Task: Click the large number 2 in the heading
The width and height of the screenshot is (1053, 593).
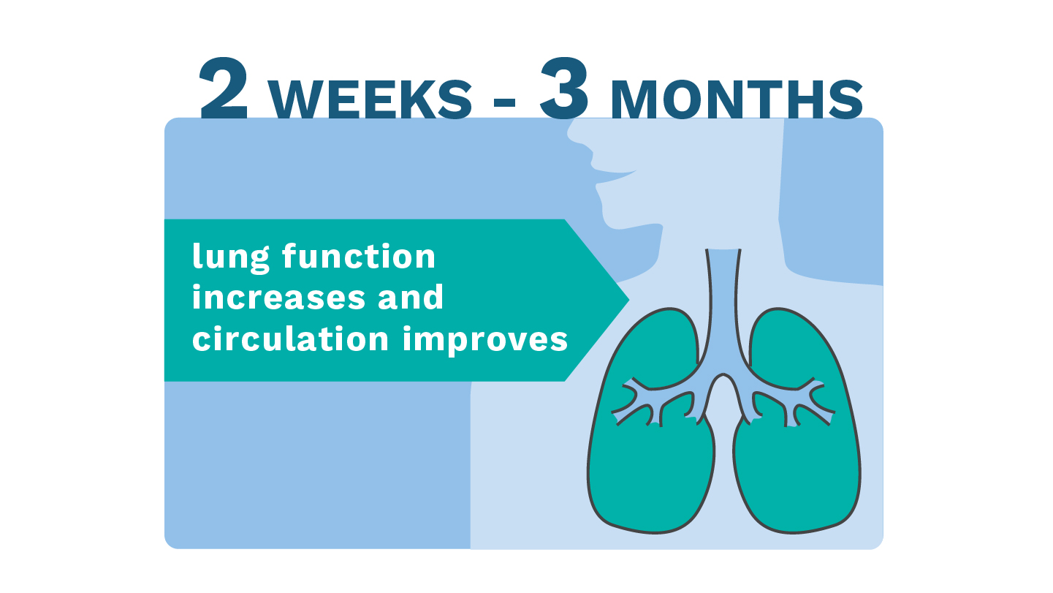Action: (x=224, y=88)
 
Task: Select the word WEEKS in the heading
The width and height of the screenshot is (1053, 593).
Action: (x=370, y=99)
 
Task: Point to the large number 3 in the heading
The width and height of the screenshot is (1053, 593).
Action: (x=564, y=88)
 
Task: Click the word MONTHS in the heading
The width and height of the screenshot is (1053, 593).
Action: (x=737, y=99)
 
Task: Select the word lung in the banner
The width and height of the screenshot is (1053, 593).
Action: (x=231, y=257)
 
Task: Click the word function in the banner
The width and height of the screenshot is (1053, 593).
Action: (x=359, y=257)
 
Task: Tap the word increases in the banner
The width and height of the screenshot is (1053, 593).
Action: (x=278, y=298)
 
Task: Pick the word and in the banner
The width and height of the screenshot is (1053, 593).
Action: (x=411, y=297)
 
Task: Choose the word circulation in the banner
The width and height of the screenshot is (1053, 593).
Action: (x=291, y=339)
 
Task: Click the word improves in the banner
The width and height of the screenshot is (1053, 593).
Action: (x=485, y=341)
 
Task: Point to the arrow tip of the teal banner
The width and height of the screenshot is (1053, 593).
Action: (x=628, y=300)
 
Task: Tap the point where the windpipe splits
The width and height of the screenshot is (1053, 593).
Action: (x=723, y=374)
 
